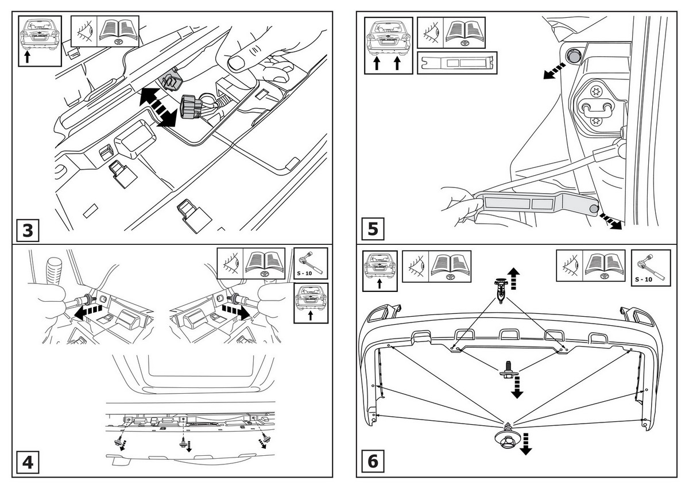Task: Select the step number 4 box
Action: pos(28,462)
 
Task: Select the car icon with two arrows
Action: pos(388,45)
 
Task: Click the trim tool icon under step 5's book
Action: pos(457,63)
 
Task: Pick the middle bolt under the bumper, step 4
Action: pos(183,442)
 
